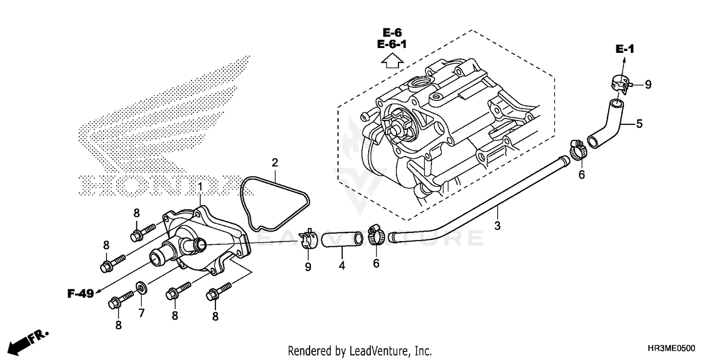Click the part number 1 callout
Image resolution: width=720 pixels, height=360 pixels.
coord(200,185)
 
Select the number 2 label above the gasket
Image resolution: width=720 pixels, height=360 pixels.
coord(275,163)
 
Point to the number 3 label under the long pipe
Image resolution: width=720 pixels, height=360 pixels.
coord(497,225)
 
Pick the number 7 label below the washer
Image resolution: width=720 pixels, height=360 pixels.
coord(142,313)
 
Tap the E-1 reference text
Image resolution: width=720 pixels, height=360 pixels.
coord(625,49)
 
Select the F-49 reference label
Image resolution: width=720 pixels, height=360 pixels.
coord(80,294)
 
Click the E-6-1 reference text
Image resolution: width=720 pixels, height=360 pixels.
coord(392,45)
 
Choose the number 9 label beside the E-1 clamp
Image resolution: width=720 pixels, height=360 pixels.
coord(648,85)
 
